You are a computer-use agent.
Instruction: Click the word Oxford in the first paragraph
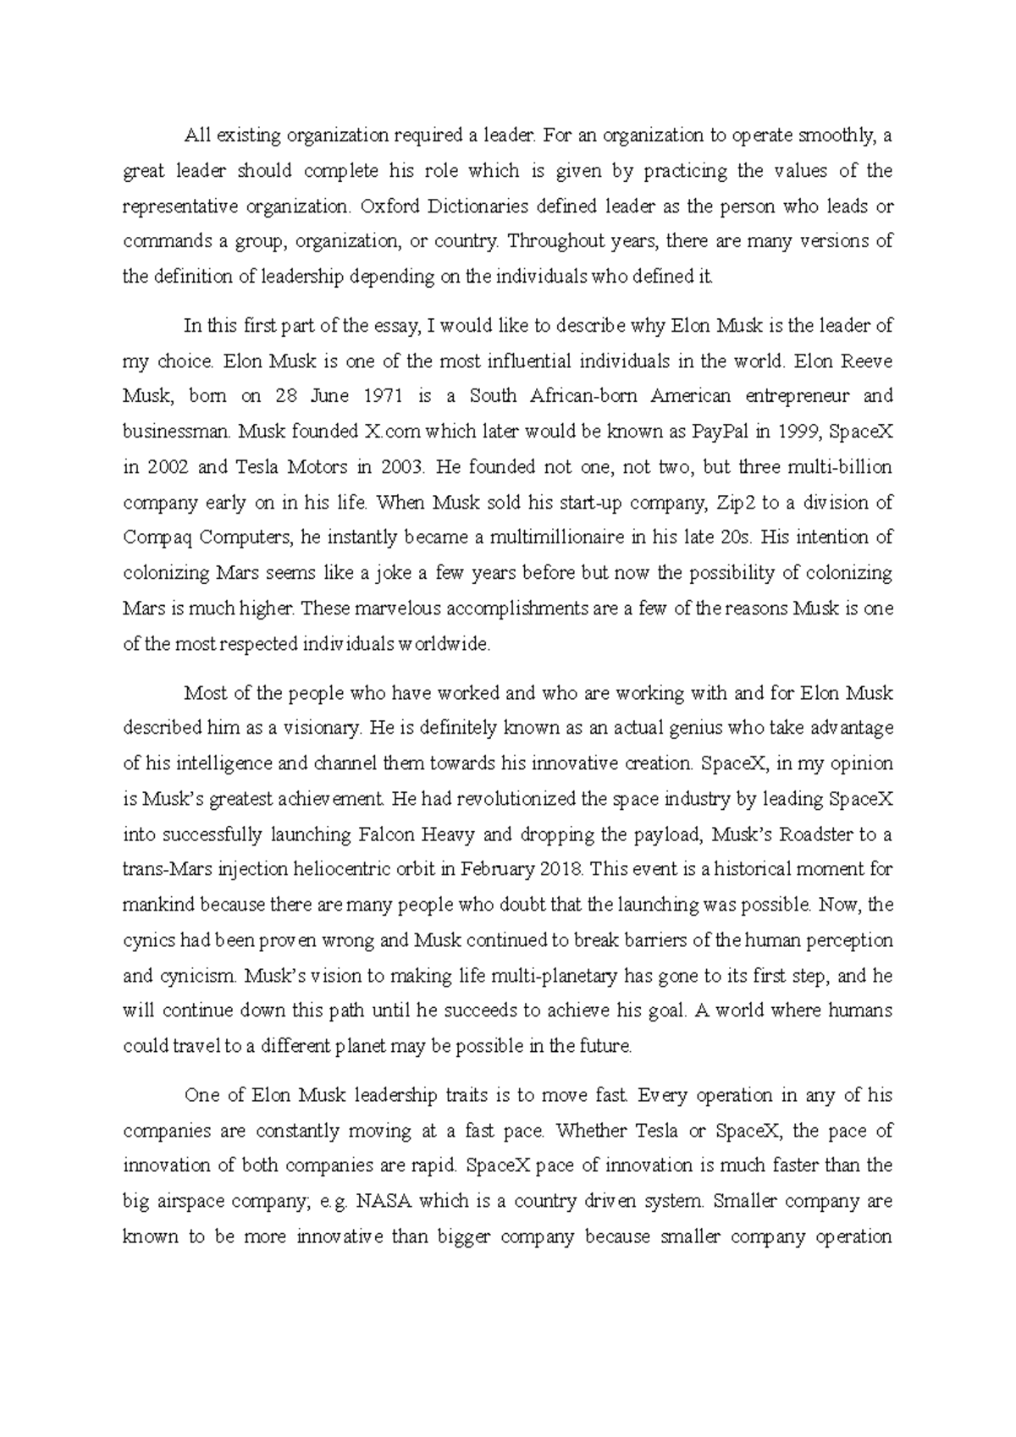click(x=390, y=206)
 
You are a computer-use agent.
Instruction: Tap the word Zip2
click(x=734, y=503)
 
